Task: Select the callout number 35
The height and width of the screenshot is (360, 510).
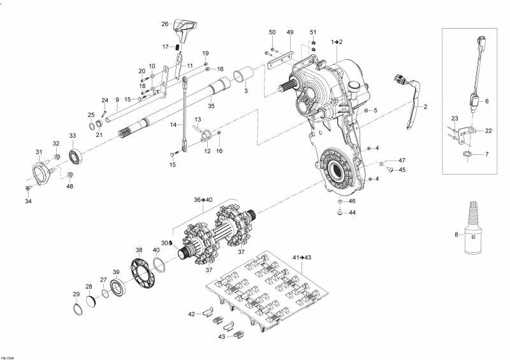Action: [x=211, y=106]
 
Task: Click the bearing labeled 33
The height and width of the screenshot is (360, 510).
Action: [x=75, y=155]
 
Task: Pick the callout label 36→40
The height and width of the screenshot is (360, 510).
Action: [x=203, y=199]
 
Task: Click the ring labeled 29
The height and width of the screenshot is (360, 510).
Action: [x=78, y=308]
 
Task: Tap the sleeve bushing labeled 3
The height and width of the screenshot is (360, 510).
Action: [x=244, y=75]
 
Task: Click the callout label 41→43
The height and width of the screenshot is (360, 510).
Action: [x=302, y=257]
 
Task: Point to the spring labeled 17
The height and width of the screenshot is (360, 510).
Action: [x=178, y=47]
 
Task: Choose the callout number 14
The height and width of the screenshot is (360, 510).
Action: [x=173, y=124]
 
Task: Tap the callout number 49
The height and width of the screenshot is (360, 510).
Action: [x=290, y=32]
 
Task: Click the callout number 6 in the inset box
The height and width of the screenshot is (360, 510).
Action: [x=487, y=101]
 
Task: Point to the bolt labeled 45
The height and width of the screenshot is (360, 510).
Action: [x=391, y=169]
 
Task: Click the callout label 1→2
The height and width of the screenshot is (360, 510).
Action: [x=337, y=41]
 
